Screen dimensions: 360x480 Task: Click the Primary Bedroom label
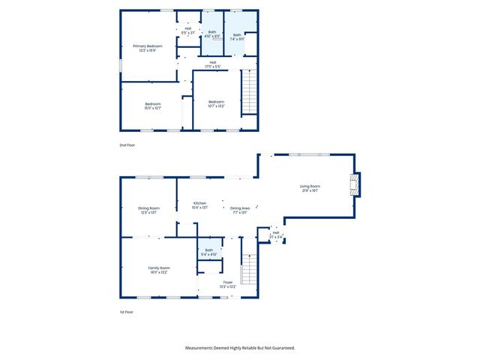point(148,46)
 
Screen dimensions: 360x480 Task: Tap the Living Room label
point(310,186)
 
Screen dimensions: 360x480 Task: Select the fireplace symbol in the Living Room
point(354,184)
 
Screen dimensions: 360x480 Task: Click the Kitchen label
point(199,203)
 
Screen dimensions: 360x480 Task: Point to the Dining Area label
point(240,208)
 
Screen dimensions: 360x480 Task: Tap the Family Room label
point(159,268)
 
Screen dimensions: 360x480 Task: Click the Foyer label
point(228,282)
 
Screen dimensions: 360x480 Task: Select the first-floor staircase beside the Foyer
point(249,269)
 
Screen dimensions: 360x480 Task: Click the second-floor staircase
point(249,91)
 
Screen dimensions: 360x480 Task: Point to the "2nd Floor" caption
point(128,144)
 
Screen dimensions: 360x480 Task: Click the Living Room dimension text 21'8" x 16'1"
point(310,190)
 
